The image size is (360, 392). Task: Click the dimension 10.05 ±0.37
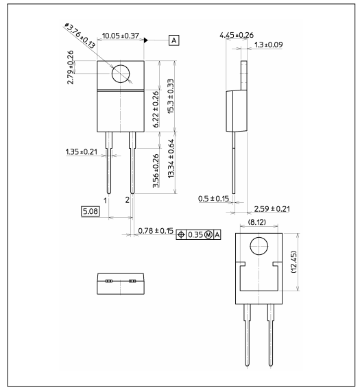[x=121, y=35]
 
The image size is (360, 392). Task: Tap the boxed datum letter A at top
[x=173, y=41]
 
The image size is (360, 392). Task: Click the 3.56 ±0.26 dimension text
[x=156, y=170]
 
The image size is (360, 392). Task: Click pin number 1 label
[x=106, y=200]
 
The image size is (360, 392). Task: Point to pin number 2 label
[x=128, y=200]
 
